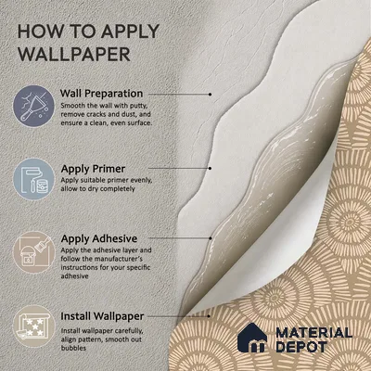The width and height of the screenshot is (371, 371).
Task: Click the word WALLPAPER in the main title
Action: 74,54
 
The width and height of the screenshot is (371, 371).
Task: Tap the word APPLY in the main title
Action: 130,32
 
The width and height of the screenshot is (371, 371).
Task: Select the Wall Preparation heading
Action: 101,94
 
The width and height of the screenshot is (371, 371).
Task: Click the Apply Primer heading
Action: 93,169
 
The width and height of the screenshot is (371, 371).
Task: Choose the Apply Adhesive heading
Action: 99,238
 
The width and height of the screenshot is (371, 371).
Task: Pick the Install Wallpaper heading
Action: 102,316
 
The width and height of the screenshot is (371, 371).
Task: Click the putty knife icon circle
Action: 33,106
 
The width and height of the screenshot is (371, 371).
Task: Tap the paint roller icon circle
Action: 33,179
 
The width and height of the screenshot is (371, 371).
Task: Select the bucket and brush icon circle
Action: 33,252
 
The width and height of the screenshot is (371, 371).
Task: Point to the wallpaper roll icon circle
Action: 33,326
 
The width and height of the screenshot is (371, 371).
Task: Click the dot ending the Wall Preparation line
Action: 211,94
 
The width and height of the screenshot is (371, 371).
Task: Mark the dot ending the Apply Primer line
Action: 211,168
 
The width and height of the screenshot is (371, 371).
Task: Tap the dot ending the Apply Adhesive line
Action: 211,238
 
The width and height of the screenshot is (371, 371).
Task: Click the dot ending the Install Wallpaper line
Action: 210,316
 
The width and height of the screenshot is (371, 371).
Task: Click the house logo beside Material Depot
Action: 252,338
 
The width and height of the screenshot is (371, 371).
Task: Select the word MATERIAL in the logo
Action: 313,333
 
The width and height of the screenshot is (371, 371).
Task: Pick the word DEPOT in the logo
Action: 301,347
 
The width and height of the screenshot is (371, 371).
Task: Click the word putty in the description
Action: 136,106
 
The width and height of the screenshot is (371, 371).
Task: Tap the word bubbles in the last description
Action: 73,348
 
